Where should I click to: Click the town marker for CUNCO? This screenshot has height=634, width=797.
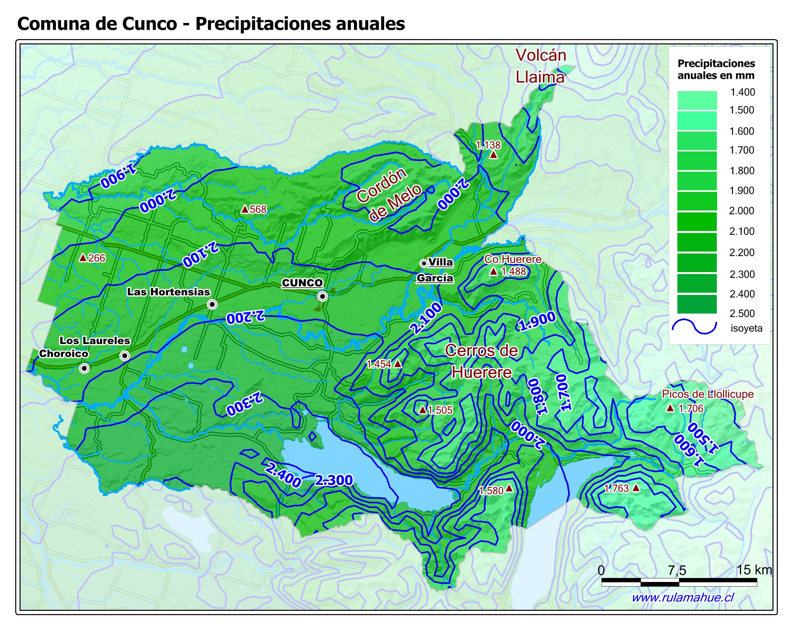coord(322,297)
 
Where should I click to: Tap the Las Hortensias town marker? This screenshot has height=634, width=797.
coord(212,304)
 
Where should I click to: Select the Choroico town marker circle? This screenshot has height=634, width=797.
coord(84,368)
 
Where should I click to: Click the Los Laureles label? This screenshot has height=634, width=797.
coord(95,340)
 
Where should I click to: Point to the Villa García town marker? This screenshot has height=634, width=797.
coord(424,263)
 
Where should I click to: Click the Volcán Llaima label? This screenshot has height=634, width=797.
coord(541,66)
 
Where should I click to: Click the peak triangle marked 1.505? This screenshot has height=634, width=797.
coord(423,410)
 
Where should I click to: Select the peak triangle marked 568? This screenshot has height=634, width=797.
coord(244,209)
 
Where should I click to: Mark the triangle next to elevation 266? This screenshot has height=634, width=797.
coord(83,258)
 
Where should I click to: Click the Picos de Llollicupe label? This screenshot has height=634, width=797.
coord(708,394)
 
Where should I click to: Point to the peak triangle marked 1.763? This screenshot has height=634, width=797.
coord(636,488)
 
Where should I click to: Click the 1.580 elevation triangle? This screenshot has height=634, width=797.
coord(509,489)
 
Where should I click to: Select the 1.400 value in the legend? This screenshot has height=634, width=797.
coord(742,92)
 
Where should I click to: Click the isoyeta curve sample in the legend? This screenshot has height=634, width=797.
coord(694,327)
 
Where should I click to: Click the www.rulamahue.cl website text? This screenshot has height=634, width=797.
coord(682,598)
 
